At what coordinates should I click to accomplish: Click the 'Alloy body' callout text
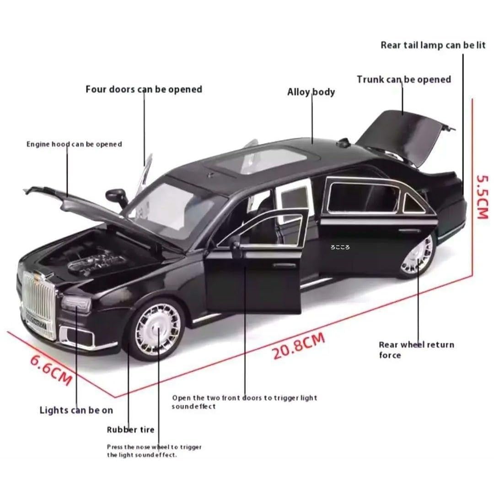point(311,92)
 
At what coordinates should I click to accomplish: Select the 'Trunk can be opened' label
point(404,80)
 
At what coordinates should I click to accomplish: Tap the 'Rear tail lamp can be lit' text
point(433,45)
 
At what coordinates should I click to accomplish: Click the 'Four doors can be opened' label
point(144,89)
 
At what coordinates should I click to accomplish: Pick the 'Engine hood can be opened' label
point(74,144)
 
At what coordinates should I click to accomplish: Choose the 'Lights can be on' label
point(76,410)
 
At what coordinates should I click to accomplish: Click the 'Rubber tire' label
point(131,430)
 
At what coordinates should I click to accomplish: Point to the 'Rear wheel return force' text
point(416,350)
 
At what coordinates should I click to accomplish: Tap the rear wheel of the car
point(417,255)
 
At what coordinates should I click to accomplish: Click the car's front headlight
point(76,303)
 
